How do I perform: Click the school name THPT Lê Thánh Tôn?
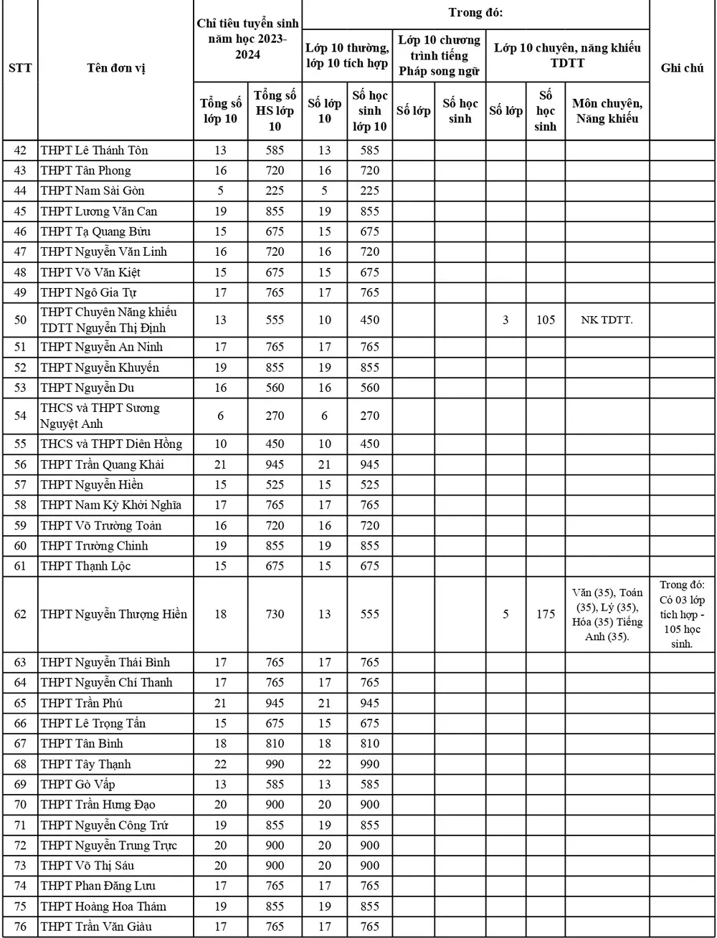click(x=95, y=150)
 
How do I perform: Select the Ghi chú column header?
click(x=681, y=69)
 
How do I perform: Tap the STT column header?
click(x=19, y=69)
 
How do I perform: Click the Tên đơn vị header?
click(x=115, y=69)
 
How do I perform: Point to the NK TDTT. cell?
click(x=607, y=320)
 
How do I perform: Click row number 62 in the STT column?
click(x=20, y=614)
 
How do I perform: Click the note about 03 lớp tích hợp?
click(x=682, y=614)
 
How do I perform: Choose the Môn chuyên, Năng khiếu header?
click(x=607, y=111)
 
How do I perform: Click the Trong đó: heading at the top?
click(x=475, y=12)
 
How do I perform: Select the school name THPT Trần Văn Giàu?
click(x=96, y=927)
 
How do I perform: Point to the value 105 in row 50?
click(x=546, y=320)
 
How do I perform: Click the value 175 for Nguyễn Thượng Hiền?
click(x=546, y=614)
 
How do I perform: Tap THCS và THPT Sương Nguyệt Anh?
click(x=100, y=416)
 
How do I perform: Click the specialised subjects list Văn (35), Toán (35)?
click(x=607, y=615)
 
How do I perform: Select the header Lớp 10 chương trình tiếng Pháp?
click(x=440, y=55)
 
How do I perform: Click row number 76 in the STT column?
click(x=20, y=927)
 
